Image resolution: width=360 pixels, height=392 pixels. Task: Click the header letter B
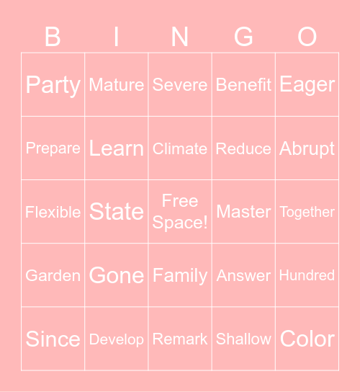click(x=53, y=36)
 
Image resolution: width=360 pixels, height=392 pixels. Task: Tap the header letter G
click(x=243, y=36)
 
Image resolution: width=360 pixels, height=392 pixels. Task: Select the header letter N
click(x=180, y=36)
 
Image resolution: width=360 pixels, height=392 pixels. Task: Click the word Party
click(x=53, y=85)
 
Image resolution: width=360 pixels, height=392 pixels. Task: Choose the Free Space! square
click(x=180, y=211)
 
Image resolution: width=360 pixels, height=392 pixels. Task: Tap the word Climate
click(x=180, y=148)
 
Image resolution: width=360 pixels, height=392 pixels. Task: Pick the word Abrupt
click(x=307, y=148)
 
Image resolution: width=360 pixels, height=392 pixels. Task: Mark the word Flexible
click(x=53, y=212)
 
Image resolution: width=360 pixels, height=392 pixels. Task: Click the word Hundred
click(x=307, y=275)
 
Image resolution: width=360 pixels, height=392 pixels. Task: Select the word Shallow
click(x=243, y=339)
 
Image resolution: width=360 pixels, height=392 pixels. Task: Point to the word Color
click(x=307, y=339)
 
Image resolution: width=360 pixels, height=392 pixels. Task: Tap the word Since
click(x=53, y=339)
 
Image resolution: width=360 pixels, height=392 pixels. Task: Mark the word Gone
click(x=116, y=275)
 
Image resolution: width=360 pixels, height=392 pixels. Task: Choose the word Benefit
click(x=243, y=85)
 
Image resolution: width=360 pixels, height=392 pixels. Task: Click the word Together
click(x=307, y=212)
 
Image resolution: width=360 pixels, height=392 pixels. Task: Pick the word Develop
click(x=116, y=339)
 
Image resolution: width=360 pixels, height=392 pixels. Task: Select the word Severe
click(x=180, y=85)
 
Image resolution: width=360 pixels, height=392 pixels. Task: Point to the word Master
click(x=243, y=212)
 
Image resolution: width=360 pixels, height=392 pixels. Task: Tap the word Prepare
click(x=53, y=148)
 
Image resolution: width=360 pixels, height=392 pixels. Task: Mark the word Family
click(x=180, y=275)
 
